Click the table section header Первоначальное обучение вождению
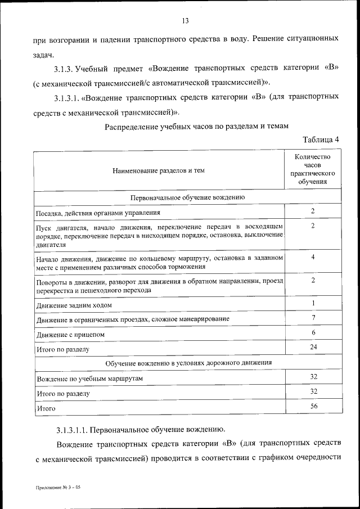point(187,198)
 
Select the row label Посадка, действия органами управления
point(98,213)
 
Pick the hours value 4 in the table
point(313,257)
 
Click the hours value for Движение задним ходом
point(313,304)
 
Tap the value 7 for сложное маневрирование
point(313,318)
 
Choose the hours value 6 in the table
point(313,333)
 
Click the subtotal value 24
point(313,348)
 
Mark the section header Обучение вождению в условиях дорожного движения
point(187,363)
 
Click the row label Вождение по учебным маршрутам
point(89,379)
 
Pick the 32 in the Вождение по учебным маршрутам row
point(313,377)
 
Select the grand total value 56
point(313,406)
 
